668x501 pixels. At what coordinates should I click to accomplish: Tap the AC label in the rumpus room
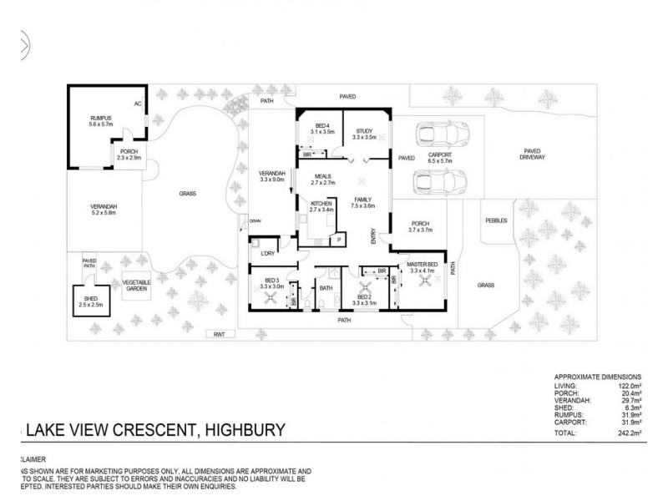click(x=138, y=104)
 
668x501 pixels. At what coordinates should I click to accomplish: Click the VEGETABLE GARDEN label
click(x=137, y=286)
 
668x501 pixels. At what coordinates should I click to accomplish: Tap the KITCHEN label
click(x=321, y=204)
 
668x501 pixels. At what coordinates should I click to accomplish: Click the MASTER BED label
click(x=423, y=266)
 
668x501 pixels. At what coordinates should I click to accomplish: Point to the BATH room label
click(x=326, y=289)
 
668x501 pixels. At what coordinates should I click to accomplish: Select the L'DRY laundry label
click(x=268, y=253)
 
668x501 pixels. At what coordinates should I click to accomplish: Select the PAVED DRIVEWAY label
click(x=531, y=154)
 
